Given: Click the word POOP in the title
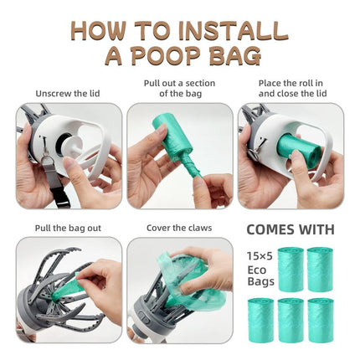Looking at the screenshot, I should click(x=167, y=57).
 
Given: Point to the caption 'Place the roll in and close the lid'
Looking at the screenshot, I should click(x=290, y=88).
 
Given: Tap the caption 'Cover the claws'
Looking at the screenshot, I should click(x=178, y=228).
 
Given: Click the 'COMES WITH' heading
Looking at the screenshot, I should click(x=290, y=229).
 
